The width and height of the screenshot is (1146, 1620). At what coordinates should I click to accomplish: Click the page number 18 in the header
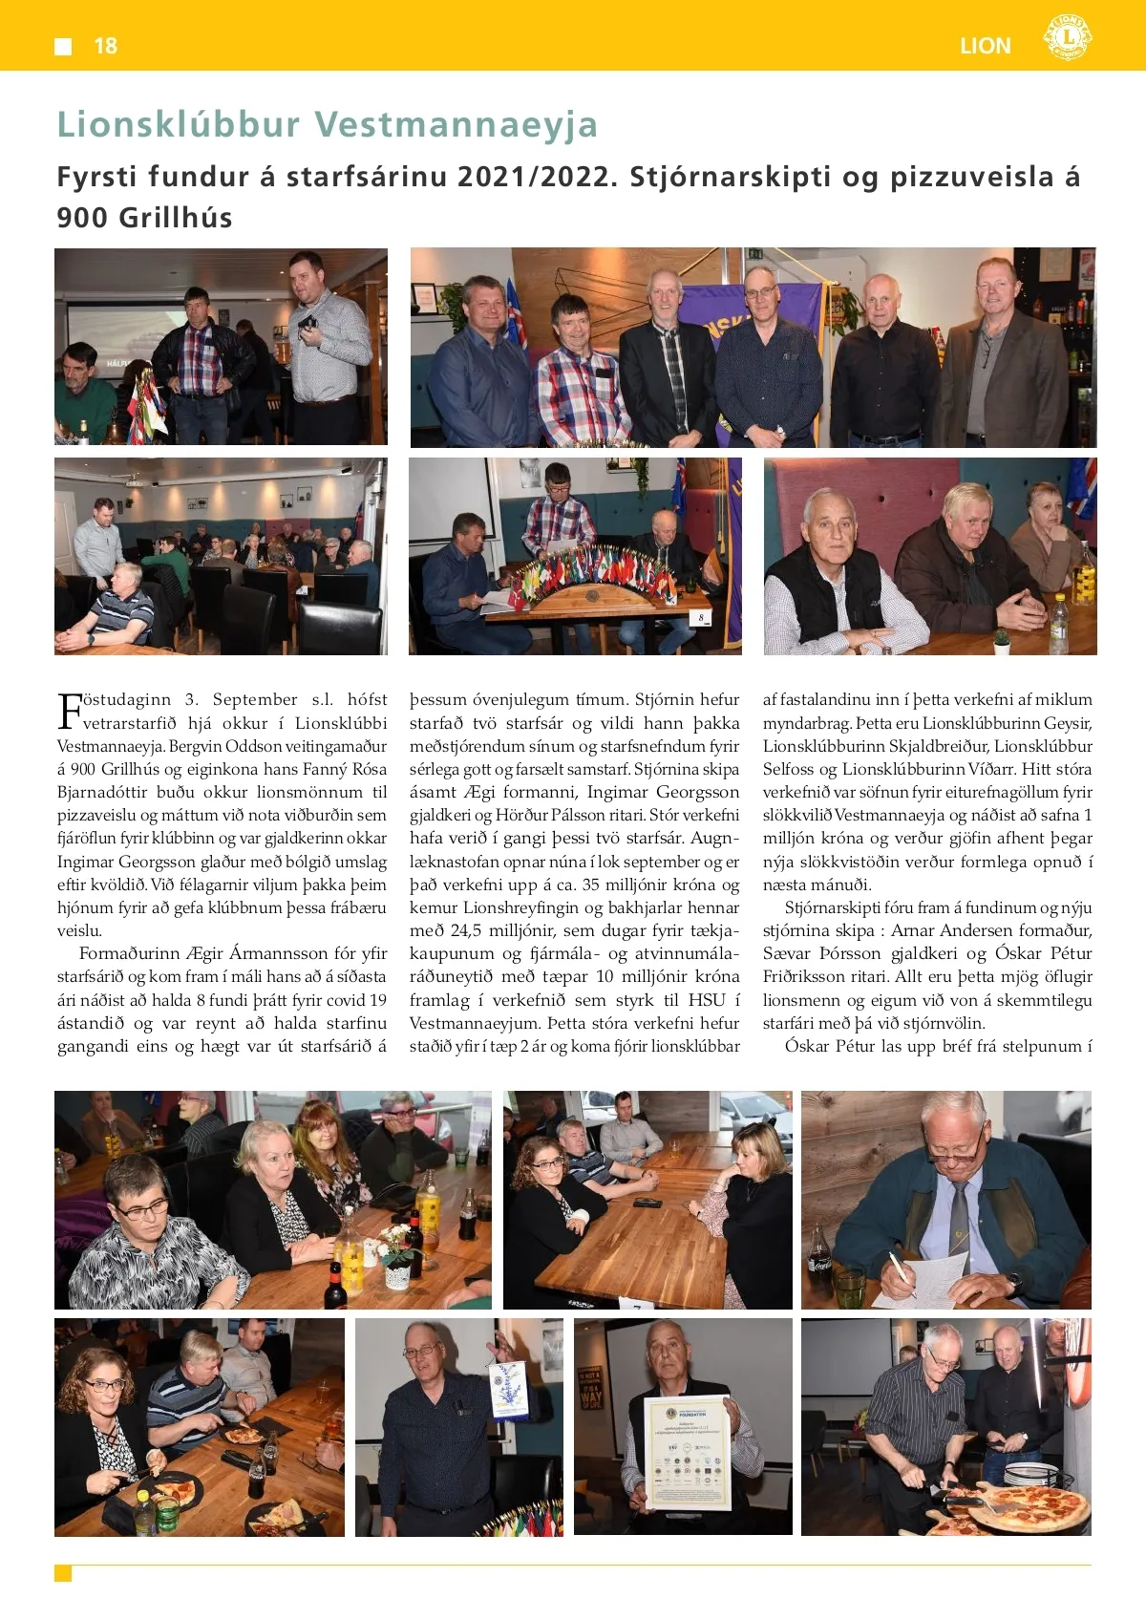coord(105,46)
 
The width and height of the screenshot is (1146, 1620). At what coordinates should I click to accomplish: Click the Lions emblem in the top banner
coord(1067,38)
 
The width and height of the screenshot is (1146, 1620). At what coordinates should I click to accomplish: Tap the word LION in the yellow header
coord(985,46)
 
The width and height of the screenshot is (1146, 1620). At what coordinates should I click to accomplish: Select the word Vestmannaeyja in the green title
coord(456,125)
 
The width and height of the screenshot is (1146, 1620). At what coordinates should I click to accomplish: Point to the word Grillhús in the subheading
coord(176,219)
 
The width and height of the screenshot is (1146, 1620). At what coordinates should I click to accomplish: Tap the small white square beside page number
coord(64,47)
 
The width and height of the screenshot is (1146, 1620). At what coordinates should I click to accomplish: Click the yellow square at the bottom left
coord(63,1573)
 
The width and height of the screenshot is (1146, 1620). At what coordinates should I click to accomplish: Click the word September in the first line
coord(255,699)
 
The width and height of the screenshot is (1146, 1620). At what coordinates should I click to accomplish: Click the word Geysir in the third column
coord(1067,723)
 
